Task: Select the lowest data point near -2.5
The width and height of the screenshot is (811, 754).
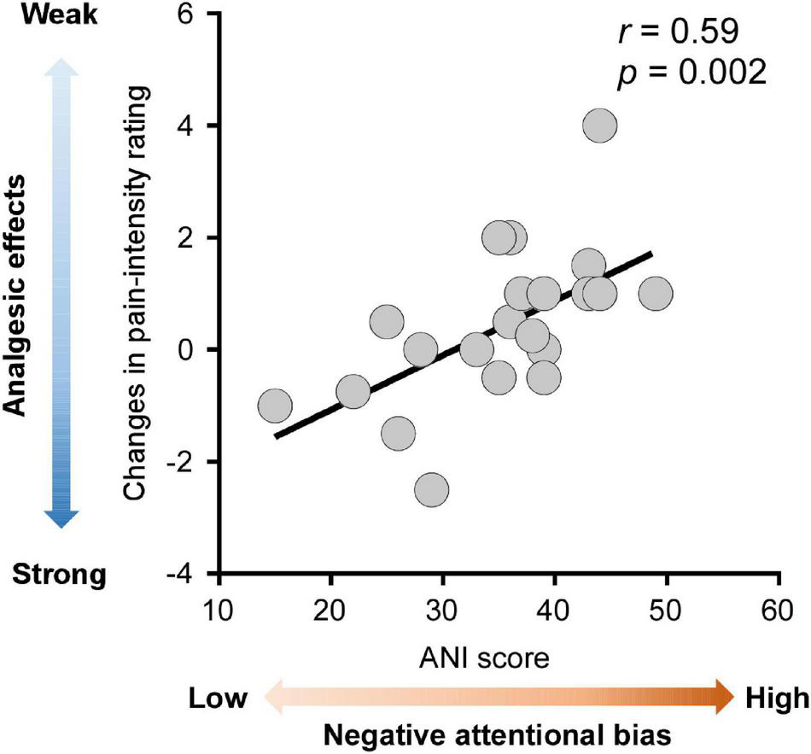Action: tap(432, 490)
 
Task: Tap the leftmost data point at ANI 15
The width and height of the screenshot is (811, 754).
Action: tap(275, 406)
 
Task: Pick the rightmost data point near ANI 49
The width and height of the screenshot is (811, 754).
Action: tap(656, 293)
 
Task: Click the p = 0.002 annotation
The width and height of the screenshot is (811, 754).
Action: tap(691, 74)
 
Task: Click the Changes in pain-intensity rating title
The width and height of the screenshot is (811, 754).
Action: tap(137, 292)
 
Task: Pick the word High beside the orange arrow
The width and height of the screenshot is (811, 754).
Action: tap(774, 698)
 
